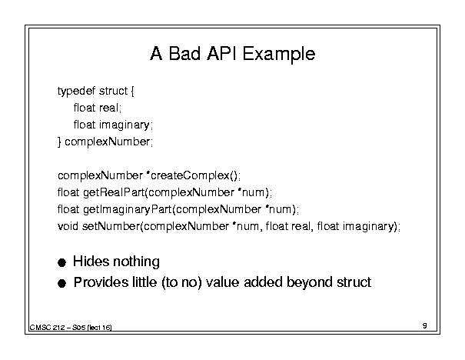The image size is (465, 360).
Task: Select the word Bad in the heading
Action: (184, 53)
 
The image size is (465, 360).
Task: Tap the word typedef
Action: (76, 91)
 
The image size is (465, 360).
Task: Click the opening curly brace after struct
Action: (132, 91)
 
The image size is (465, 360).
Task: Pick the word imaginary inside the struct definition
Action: (124, 125)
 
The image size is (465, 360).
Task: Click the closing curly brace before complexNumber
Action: (59, 142)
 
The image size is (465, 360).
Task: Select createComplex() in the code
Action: (194, 175)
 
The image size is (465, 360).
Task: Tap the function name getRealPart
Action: (114, 192)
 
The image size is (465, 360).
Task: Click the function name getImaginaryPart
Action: (128, 210)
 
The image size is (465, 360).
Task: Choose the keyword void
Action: (68, 226)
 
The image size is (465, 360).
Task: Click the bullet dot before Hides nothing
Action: (61, 262)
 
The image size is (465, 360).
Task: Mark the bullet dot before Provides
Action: (61, 283)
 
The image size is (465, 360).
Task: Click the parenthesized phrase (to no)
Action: (181, 282)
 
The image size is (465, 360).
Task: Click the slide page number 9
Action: (425, 325)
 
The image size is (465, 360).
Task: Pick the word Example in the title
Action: (279, 54)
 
